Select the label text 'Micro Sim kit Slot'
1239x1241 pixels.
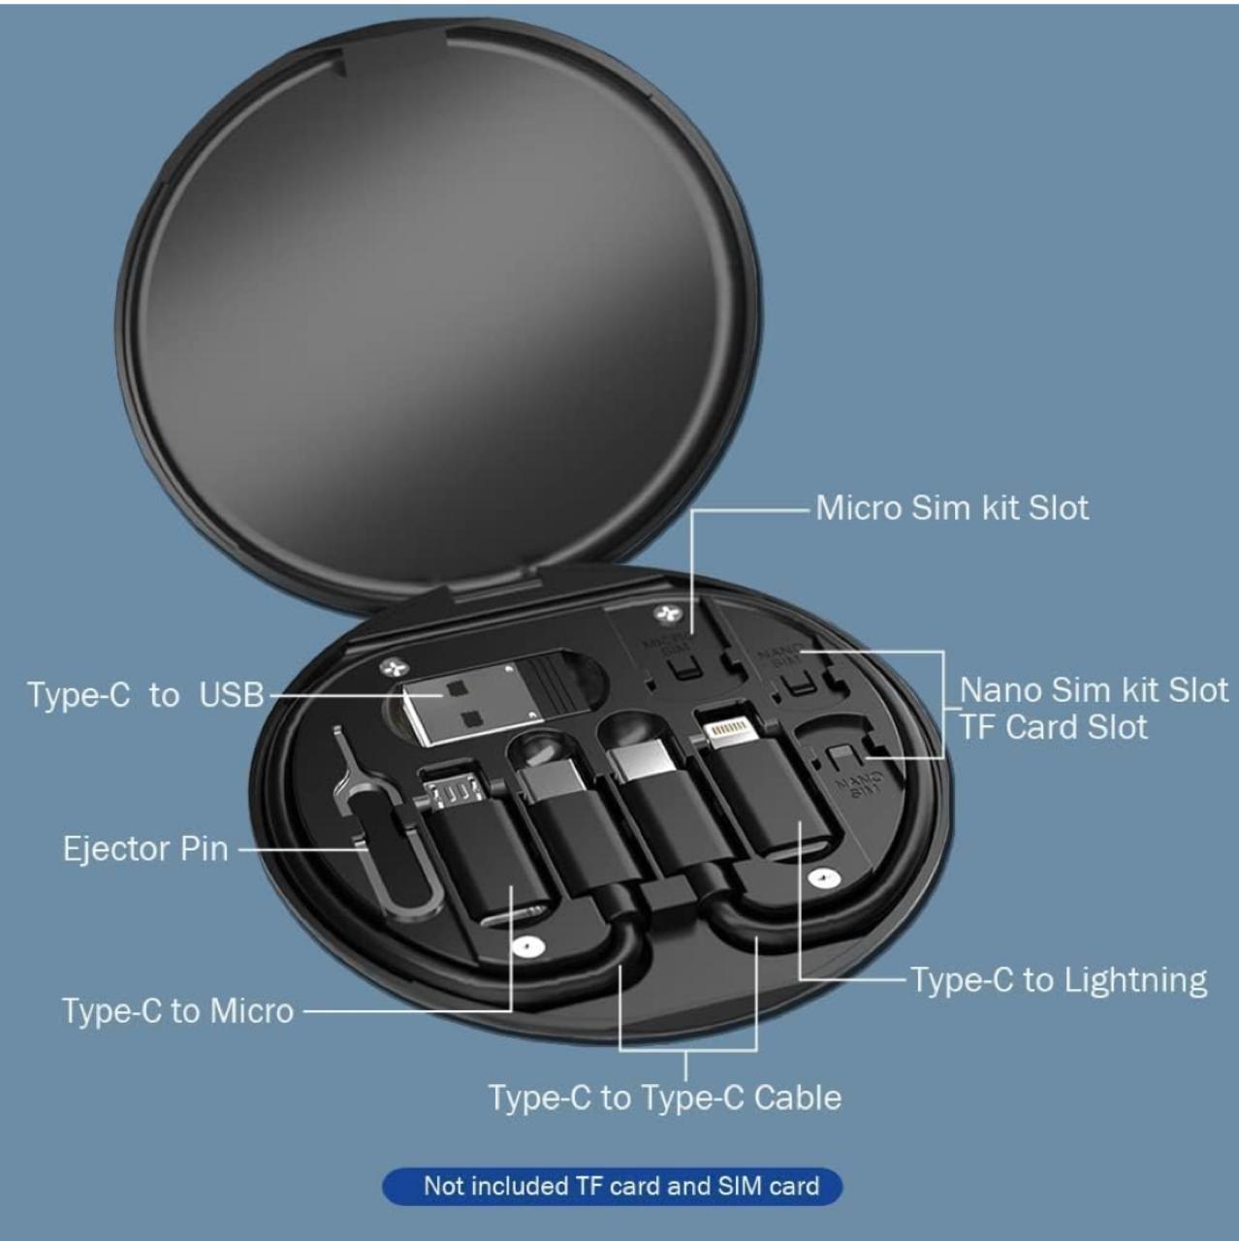pyautogui.click(x=951, y=508)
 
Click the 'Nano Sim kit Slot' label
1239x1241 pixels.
pyautogui.click(x=1093, y=690)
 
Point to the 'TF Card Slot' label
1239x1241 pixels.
pyautogui.click(x=1053, y=727)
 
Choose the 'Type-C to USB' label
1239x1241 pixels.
pyautogui.click(x=145, y=695)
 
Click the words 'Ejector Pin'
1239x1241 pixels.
pyautogui.click(x=145, y=848)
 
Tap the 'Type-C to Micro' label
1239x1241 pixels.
pyautogui.click(x=177, y=1010)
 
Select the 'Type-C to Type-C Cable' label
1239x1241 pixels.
pyautogui.click(x=664, y=1098)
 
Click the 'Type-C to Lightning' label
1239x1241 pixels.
pyautogui.click(x=1059, y=980)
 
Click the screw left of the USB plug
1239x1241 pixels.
pyautogui.click(x=393, y=667)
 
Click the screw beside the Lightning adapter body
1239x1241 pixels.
pyautogui.click(x=823, y=878)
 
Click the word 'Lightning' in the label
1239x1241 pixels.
pyautogui.click(x=1134, y=980)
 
